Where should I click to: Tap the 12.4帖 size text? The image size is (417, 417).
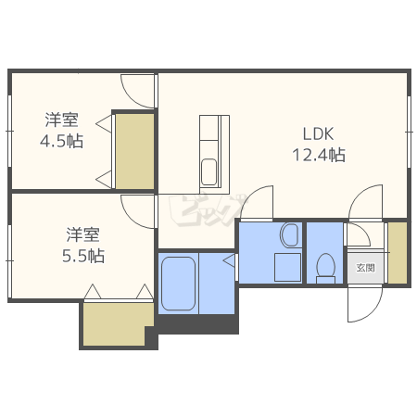click(x=319, y=155)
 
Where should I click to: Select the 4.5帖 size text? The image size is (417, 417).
click(x=62, y=142)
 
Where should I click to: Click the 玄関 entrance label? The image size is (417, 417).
click(x=365, y=268)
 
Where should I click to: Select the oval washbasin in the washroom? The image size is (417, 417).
click(x=288, y=235)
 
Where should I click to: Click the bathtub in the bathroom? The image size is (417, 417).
click(x=179, y=285)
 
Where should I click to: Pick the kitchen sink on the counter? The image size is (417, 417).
click(x=209, y=171)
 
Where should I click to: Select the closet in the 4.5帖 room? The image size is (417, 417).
click(x=134, y=151)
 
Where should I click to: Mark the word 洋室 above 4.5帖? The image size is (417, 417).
click(x=62, y=120)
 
